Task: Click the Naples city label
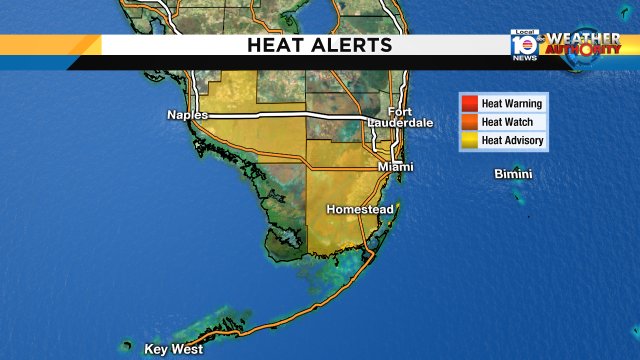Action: click(x=187, y=116)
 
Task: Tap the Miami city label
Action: click(x=395, y=167)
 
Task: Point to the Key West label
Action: click(x=174, y=349)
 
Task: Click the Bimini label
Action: click(x=513, y=175)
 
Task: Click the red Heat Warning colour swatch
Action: click(x=468, y=103)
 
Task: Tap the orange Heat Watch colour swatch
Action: click(x=468, y=122)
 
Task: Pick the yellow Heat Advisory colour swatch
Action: click(x=468, y=141)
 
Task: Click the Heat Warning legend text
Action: click(x=512, y=103)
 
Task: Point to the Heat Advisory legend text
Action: click(x=513, y=141)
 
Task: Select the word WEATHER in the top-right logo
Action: click(x=584, y=38)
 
